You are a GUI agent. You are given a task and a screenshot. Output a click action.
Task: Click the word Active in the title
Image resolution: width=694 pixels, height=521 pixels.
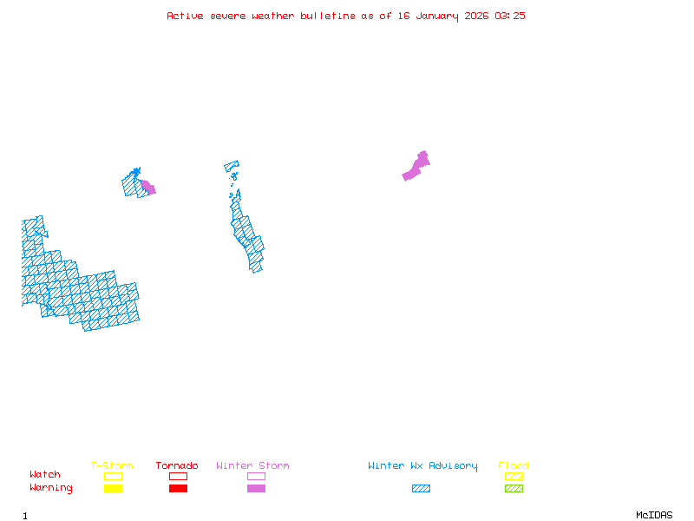186,16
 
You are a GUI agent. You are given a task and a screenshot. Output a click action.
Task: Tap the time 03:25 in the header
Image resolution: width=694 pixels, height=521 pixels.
510,16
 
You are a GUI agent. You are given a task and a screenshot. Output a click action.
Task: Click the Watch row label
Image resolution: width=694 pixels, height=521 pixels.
45,475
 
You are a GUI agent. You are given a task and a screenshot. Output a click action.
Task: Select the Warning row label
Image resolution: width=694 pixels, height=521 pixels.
51,488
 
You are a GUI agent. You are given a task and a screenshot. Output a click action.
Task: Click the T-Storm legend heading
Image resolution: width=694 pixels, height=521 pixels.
112,466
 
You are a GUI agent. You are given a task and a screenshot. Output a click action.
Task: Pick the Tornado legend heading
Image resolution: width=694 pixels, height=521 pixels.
177,466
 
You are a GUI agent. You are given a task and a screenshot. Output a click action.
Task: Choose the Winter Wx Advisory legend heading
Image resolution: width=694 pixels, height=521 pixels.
422,466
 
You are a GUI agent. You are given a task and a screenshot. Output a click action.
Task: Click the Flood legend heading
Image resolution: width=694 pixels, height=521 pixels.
514,466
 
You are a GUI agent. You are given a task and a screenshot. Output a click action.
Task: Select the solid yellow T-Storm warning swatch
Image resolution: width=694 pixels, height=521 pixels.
113,489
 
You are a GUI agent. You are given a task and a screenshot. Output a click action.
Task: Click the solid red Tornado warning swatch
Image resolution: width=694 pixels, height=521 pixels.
178,489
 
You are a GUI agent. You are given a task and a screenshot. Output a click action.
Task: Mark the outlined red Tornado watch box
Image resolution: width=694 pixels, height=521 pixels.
178,476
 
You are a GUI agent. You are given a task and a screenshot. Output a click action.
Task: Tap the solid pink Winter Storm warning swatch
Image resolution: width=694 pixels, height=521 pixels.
256,489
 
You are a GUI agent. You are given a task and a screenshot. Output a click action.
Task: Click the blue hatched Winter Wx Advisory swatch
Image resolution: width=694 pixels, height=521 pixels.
421,489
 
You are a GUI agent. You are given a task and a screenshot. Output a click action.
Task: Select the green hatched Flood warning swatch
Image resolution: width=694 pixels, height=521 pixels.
514,489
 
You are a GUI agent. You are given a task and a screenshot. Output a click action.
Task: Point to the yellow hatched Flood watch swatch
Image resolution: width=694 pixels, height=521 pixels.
514,476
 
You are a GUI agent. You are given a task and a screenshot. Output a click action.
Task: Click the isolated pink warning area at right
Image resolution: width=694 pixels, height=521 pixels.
416,167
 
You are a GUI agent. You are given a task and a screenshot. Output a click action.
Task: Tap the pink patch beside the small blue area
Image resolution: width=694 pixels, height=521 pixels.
148,187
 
